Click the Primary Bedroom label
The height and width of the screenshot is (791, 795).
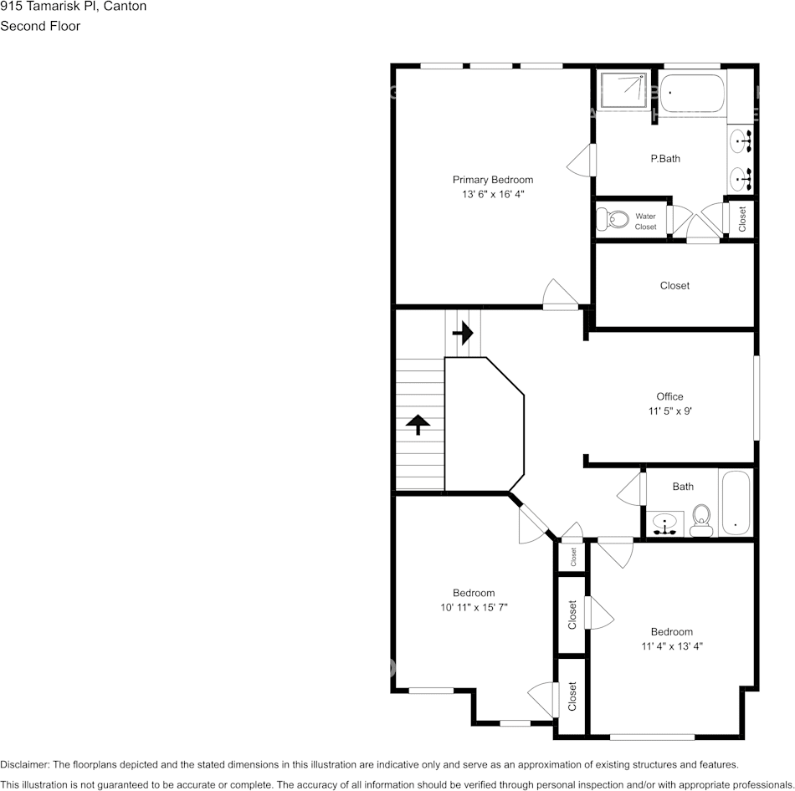(x=492, y=180)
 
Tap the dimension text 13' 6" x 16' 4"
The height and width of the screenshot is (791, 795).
(x=492, y=194)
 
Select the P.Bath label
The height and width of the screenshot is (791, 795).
(x=665, y=159)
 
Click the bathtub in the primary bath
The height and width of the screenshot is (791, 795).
(x=692, y=94)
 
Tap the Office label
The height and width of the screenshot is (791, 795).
(x=669, y=396)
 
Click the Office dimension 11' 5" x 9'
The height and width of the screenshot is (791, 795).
(x=669, y=411)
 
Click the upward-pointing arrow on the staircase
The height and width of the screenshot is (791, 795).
(x=418, y=425)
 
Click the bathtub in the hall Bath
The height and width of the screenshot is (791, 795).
(x=736, y=503)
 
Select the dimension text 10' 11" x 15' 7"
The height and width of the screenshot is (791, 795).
(x=474, y=607)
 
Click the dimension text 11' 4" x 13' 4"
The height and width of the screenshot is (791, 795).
(x=671, y=646)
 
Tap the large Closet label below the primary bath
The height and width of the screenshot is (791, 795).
(x=674, y=285)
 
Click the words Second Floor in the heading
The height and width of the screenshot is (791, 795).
(x=40, y=26)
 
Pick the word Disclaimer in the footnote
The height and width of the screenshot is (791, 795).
(x=24, y=764)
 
